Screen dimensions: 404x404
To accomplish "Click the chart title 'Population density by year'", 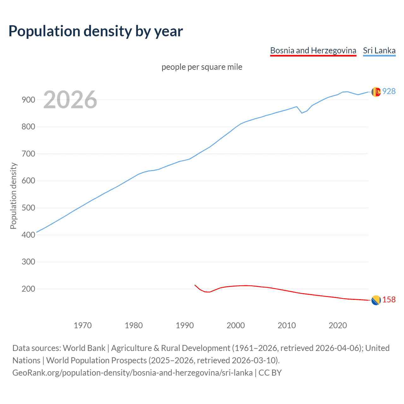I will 96,31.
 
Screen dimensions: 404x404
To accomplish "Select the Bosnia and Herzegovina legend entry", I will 313,50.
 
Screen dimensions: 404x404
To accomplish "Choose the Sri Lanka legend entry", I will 379,50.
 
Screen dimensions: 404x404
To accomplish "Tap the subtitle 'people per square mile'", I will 202,67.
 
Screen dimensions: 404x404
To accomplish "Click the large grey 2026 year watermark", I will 70,100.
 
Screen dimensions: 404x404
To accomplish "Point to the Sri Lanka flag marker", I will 376,92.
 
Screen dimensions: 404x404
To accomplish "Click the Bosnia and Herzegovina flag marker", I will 376,300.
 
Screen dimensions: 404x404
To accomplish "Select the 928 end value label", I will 389,91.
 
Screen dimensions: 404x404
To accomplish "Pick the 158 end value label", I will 389,300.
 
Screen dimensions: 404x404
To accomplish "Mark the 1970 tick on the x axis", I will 83,325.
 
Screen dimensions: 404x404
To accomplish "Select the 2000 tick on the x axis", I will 235,325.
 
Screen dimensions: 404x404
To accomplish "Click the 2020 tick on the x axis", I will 338,325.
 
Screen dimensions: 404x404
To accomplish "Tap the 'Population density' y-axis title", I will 13,196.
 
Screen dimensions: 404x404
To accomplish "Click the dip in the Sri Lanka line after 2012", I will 302,113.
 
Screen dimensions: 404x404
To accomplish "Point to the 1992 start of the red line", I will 195,285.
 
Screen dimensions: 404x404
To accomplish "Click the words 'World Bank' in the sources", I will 84,348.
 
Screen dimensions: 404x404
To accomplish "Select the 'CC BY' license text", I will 270,373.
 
